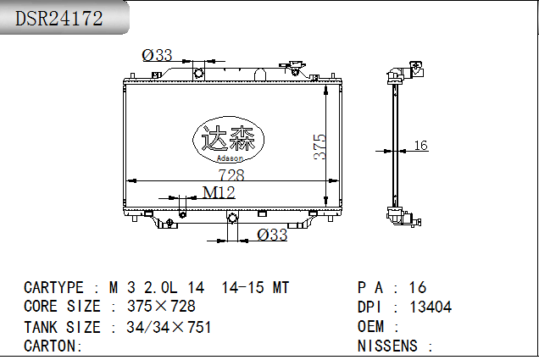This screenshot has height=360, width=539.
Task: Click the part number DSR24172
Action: (58, 18)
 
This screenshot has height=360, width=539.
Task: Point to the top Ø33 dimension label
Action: (157, 55)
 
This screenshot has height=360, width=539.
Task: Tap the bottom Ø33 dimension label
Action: (272, 235)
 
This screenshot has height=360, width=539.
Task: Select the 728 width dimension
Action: (231, 174)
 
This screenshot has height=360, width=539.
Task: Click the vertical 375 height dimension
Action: (320, 147)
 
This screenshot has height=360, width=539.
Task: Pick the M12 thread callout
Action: (219, 192)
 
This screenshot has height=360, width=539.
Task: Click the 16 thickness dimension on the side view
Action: (420, 146)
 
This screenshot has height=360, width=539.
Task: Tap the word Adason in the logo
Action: (230, 158)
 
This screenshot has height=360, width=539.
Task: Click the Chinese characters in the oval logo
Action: (228, 137)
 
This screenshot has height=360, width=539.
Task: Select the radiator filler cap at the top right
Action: (294, 67)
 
